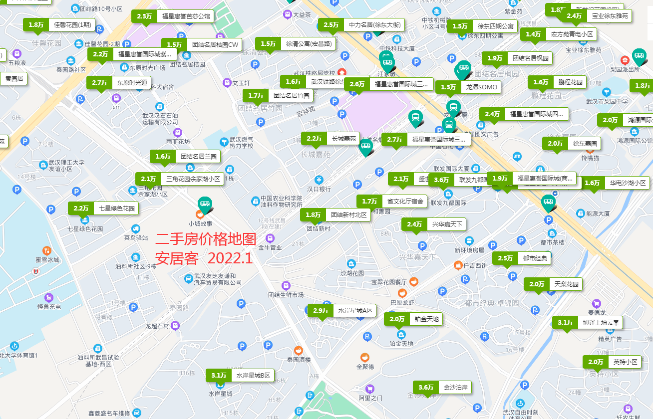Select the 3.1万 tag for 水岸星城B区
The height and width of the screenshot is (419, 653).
[x=241, y=376]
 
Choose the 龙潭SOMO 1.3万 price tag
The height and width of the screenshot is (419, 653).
[x=468, y=87]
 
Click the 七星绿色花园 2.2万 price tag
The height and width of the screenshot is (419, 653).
[x=103, y=209]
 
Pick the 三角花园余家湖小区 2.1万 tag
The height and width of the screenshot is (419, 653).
[x=180, y=179]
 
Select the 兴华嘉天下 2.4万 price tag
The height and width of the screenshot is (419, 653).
[x=434, y=224]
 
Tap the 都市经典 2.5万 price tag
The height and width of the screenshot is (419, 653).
[x=522, y=258]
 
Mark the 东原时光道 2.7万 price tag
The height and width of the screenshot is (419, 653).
[x=119, y=83]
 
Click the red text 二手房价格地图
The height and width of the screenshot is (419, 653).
[x=205, y=239]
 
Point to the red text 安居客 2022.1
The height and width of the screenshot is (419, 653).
[x=204, y=258]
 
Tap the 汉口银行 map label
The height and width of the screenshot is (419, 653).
[x=319, y=189]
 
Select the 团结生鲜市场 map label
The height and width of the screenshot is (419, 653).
[x=286, y=295]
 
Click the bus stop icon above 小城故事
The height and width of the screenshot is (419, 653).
[x=204, y=204]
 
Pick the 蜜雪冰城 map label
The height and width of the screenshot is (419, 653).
[x=47, y=259]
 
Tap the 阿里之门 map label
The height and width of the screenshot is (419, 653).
[x=370, y=398]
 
